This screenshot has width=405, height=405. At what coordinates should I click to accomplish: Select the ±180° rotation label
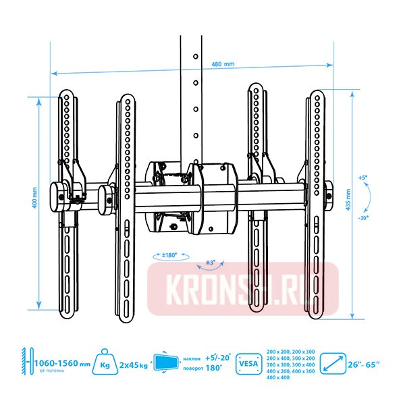165,256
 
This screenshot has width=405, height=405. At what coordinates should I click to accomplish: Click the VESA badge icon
246,364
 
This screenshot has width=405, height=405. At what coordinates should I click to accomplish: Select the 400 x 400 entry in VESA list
277,378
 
